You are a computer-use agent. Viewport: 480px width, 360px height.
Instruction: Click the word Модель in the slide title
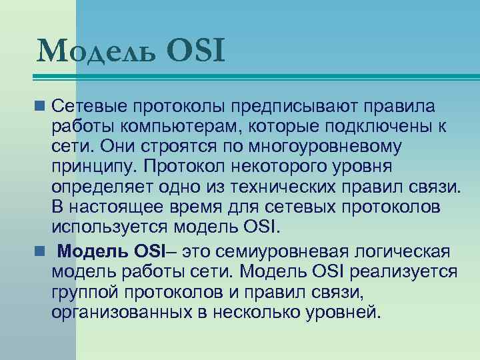tap(98, 51)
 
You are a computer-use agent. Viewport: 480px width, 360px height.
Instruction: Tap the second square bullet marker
tap(41, 252)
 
